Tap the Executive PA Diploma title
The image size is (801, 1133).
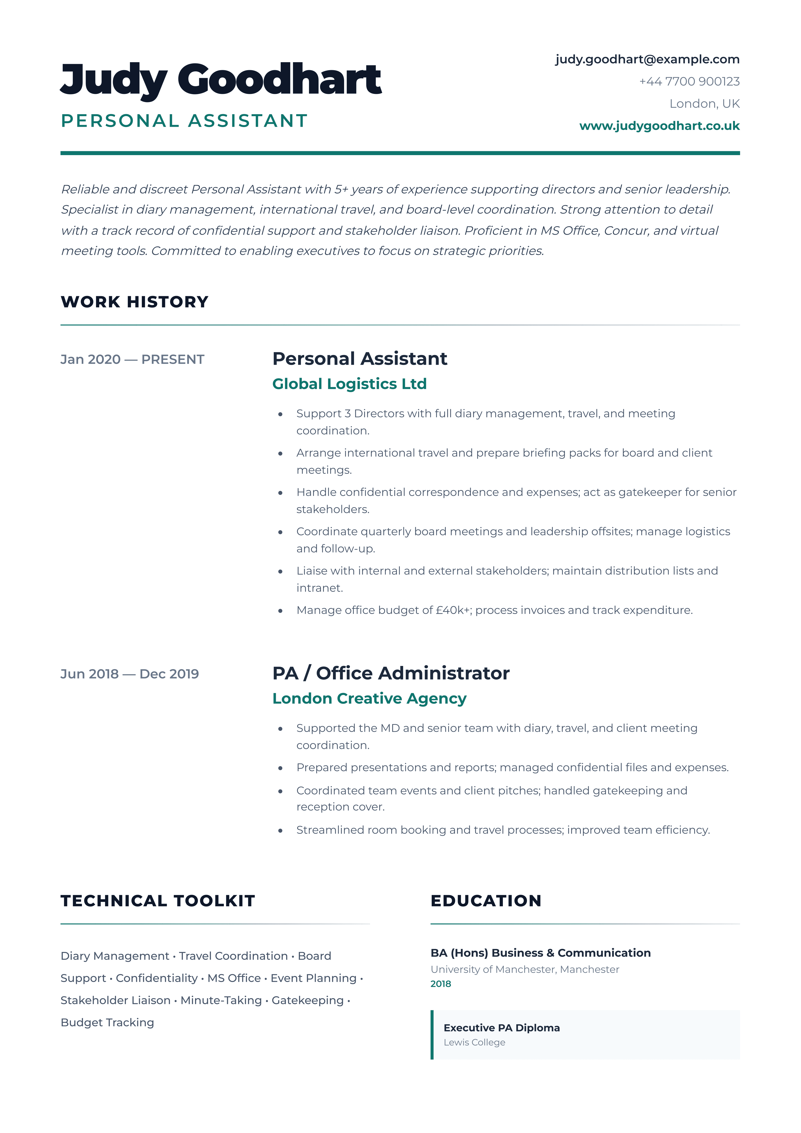501,1028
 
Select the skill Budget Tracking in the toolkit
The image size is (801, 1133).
107,1022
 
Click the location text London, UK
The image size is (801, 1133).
704,104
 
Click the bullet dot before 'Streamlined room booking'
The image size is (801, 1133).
280,831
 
